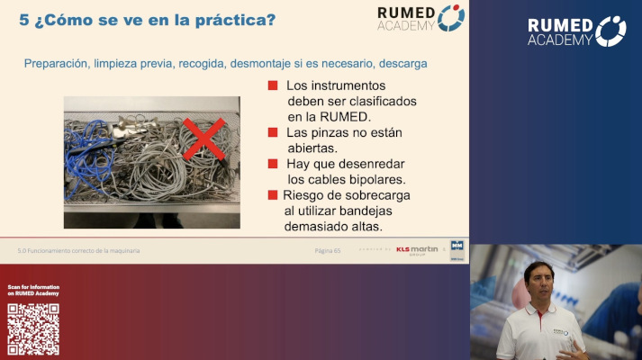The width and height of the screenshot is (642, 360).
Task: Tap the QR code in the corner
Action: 33,329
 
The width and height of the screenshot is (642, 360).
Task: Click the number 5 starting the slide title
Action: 24,20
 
